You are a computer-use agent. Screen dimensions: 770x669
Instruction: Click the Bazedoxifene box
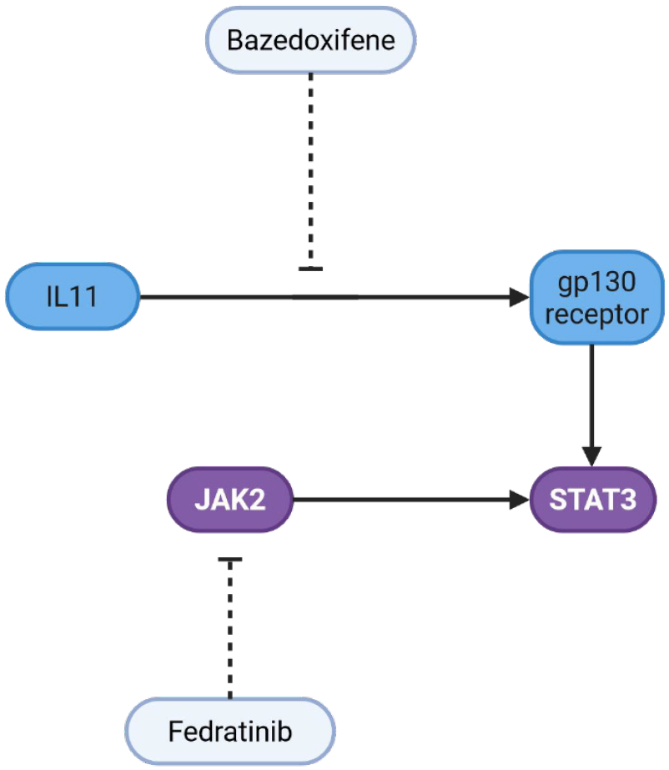click(x=310, y=40)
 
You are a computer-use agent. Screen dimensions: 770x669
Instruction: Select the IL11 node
click(x=73, y=296)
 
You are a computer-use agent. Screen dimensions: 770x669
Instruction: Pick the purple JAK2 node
click(x=230, y=500)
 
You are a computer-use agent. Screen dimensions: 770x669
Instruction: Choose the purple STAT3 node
click(x=593, y=500)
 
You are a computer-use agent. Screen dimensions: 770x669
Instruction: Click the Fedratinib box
click(x=230, y=732)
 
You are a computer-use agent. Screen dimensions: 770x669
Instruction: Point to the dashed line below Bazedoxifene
click(x=310, y=167)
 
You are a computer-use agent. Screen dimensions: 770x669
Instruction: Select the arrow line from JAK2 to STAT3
click(x=400, y=500)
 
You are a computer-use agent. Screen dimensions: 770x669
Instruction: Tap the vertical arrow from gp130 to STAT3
click(x=592, y=392)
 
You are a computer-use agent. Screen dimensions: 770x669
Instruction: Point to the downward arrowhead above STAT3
click(x=592, y=455)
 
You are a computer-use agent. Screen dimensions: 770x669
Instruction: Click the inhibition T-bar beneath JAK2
click(x=230, y=560)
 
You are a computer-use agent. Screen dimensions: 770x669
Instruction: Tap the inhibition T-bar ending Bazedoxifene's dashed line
click(x=310, y=269)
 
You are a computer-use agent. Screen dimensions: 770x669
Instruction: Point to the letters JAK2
click(x=230, y=500)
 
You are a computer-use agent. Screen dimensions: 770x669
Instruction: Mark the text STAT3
click(x=593, y=500)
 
